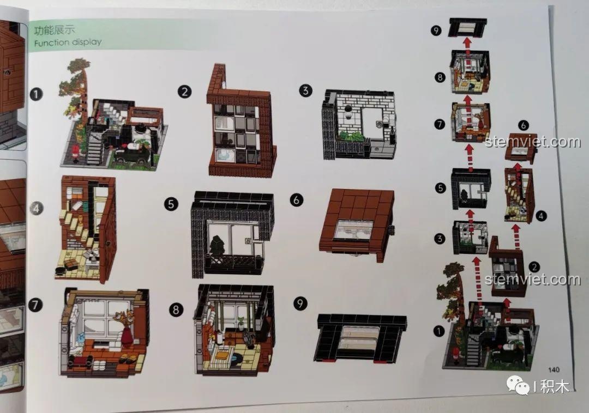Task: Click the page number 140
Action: (x=554, y=369)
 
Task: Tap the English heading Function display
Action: (x=68, y=42)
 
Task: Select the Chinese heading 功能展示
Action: (x=54, y=29)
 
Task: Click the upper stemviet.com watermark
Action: (x=533, y=142)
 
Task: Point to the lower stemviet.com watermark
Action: (x=533, y=280)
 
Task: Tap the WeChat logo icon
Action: (x=517, y=385)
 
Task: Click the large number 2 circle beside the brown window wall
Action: (x=184, y=92)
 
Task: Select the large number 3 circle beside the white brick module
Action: (x=306, y=90)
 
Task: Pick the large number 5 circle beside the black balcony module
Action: (x=171, y=204)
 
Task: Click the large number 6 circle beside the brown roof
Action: (x=296, y=200)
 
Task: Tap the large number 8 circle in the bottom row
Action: (x=176, y=310)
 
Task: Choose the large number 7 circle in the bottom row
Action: (x=35, y=305)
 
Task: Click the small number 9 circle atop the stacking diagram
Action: (x=436, y=30)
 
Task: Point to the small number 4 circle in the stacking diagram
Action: (x=541, y=216)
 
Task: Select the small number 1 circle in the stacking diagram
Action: (x=438, y=331)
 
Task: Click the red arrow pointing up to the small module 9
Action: (x=467, y=42)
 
